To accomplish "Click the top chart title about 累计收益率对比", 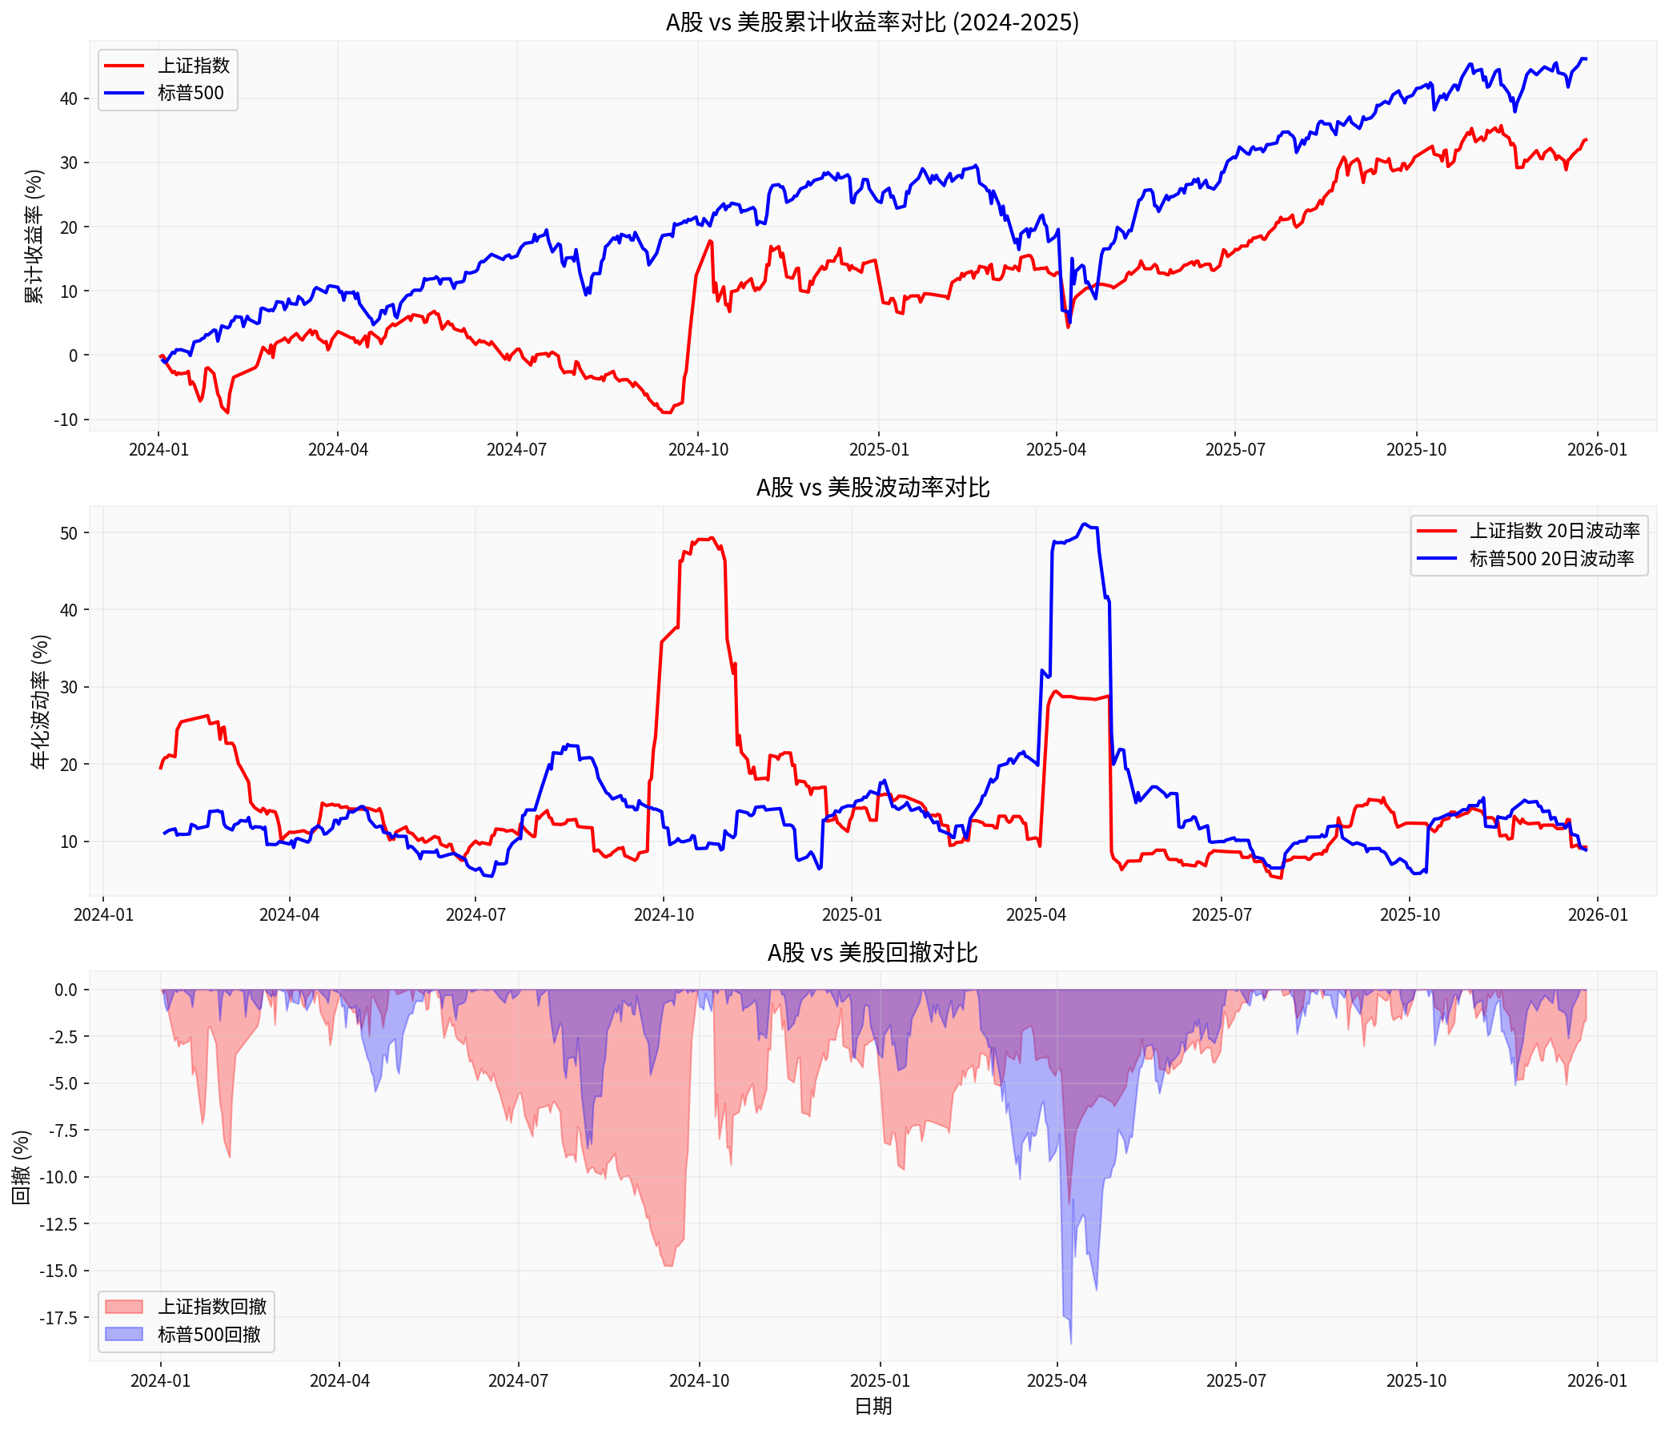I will coord(872,22).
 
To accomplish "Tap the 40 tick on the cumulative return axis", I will coord(69,98).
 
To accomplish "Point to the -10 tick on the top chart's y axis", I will coord(66,420).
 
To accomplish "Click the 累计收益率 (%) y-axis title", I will coord(34,236).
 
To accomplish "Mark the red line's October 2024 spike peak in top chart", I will coord(710,241).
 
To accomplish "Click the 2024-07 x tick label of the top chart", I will coord(516,449).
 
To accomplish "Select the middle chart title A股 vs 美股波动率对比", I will coord(872,488).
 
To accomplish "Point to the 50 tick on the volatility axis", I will coord(69,533).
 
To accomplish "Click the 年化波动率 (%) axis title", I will coord(40,701).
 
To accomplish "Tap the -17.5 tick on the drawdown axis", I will coord(60,1317).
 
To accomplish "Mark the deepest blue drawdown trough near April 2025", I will coord(1070,1342).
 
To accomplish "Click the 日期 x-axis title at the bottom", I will coord(873,1406).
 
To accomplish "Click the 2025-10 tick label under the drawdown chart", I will coord(1415,1381).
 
